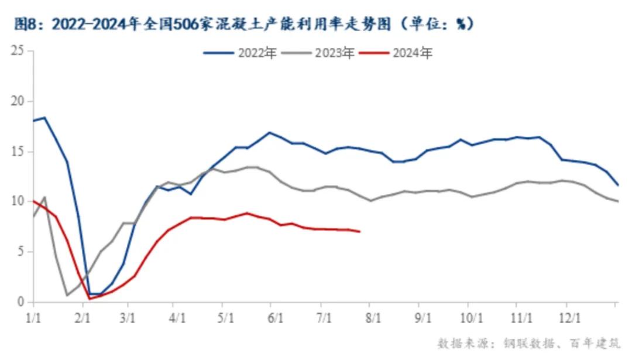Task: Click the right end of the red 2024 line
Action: point(359,232)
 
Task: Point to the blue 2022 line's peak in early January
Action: point(44,118)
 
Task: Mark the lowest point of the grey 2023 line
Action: point(67,296)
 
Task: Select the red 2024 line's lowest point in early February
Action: point(89,299)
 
